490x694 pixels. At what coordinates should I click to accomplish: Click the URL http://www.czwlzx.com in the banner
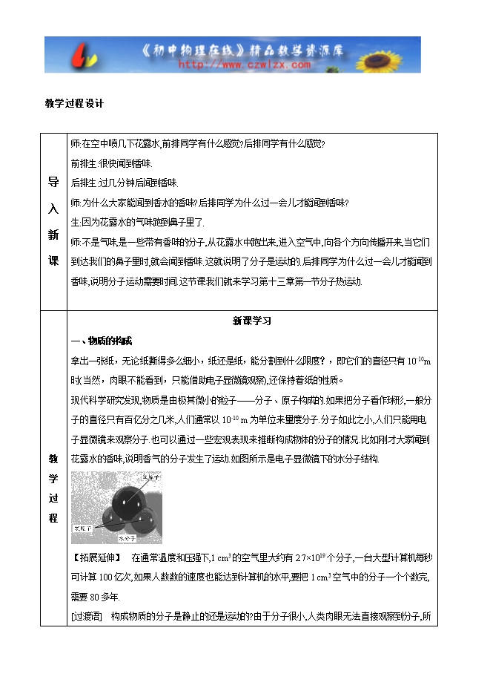[245, 65]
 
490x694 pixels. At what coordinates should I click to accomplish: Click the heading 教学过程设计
[74, 104]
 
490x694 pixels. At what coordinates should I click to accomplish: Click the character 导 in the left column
[53, 180]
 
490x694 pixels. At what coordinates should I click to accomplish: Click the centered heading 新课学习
[252, 321]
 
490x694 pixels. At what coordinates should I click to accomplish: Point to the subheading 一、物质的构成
[101, 341]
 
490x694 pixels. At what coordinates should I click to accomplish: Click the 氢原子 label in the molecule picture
[82, 528]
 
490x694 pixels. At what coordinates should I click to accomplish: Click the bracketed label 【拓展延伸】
[96, 557]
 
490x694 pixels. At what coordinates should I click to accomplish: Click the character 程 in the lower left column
[53, 518]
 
